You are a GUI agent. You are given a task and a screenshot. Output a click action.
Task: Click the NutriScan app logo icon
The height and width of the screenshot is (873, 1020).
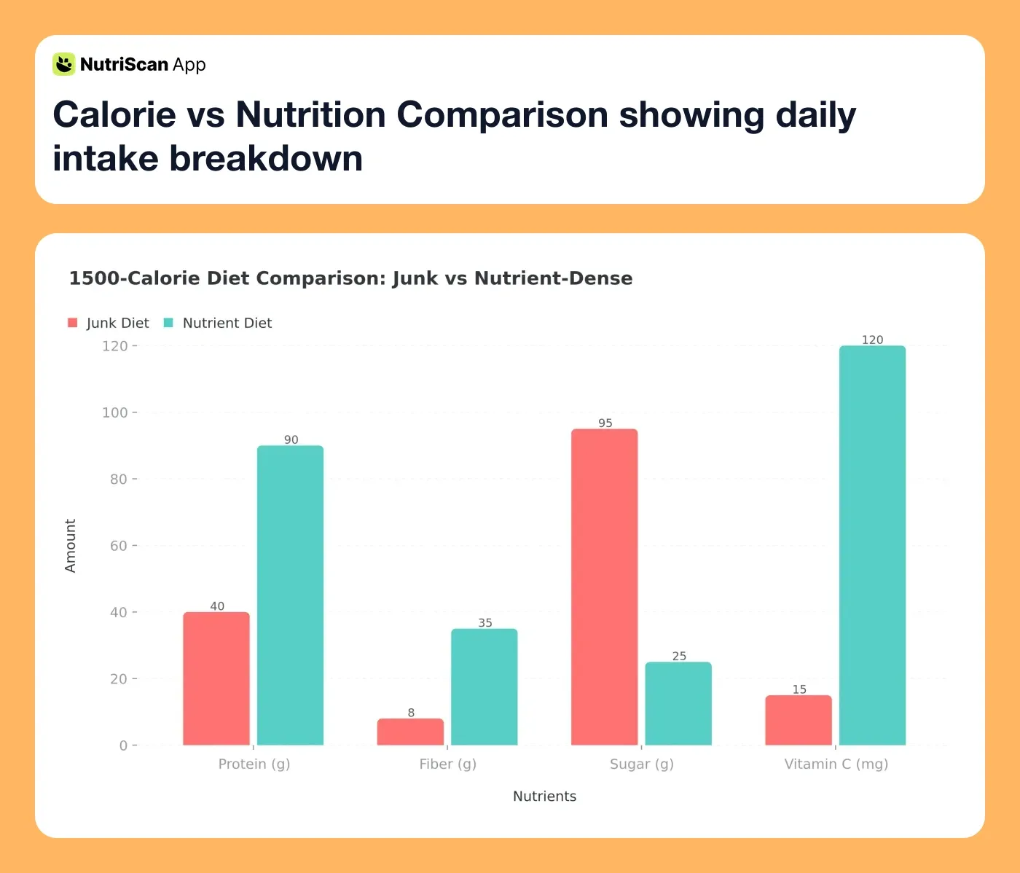(x=64, y=64)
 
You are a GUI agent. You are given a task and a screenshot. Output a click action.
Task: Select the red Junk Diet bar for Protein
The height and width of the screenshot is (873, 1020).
(x=216, y=678)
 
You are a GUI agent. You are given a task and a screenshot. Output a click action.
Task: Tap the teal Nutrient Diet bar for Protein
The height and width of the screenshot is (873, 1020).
(x=290, y=595)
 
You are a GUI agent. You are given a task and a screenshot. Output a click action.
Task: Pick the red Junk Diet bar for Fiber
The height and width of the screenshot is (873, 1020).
(x=410, y=732)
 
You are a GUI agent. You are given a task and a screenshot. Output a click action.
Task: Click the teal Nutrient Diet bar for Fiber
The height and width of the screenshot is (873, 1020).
(x=484, y=686)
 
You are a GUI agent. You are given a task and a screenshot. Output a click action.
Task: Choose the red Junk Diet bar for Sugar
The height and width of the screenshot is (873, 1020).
(x=605, y=587)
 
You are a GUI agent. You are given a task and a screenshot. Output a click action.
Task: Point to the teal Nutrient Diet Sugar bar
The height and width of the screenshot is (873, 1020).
(x=678, y=703)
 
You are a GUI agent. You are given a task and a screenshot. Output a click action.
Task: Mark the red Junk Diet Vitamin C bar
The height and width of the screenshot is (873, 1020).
(x=799, y=720)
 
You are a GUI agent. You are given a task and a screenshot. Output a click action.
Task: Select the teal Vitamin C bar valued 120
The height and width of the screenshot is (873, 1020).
(x=872, y=545)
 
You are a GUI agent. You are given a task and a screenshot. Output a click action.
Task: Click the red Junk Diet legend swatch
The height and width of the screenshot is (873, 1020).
(x=73, y=323)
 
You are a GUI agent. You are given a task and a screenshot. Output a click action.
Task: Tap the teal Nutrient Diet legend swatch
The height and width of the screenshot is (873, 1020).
(x=168, y=323)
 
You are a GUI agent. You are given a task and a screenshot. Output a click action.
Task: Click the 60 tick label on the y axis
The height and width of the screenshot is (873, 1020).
(x=118, y=546)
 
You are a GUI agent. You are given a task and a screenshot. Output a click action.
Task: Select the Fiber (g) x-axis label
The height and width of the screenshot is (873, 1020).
(x=447, y=764)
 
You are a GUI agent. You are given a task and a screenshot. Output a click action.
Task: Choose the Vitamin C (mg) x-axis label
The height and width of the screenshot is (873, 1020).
(x=836, y=764)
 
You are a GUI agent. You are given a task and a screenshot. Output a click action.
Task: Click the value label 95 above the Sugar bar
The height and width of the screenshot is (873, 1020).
(x=605, y=423)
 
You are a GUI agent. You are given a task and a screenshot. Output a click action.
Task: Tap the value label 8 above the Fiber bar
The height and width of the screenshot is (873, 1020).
(x=411, y=713)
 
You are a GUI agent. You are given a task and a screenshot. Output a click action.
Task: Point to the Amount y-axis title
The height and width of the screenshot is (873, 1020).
(x=71, y=545)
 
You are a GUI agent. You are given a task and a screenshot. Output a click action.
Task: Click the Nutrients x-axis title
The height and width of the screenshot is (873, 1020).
(x=544, y=796)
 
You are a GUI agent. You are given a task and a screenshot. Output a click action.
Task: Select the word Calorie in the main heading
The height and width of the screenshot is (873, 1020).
(x=114, y=115)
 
